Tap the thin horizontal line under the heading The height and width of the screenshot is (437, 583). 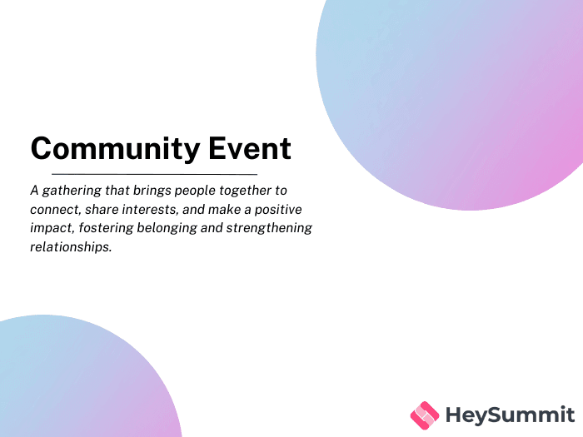pyautogui.click(x=154, y=174)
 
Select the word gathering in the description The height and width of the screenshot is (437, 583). pyautogui.click(x=72, y=191)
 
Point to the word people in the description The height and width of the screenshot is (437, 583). pyautogui.click(x=197, y=191)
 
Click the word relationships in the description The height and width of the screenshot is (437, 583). pyautogui.click(x=71, y=247)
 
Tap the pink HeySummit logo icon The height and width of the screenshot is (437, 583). pyautogui.click(x=425, y=414)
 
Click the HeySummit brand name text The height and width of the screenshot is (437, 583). pyautogui.click(x=510, y=415)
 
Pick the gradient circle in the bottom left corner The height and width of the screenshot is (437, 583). pyautogui.click(x=75, y=383)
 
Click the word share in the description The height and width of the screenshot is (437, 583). pyautogui.click(x=102, y=210)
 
